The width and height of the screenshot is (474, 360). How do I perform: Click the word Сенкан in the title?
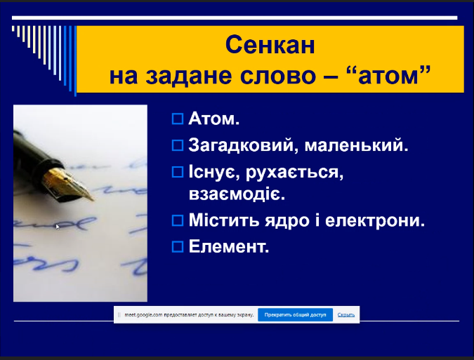click(x=270, y=45)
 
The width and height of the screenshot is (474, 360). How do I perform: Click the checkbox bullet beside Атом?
click(x=178, y=119)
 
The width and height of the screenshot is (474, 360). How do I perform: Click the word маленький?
click(x=356, y=145)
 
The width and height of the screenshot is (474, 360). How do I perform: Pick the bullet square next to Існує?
click(x=178, y=172)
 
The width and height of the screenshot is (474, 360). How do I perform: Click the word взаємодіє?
click(x=237, y=194)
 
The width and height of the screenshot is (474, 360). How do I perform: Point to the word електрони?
click(x=375, y=220)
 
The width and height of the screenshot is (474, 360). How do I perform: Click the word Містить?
click(x=224, y=220)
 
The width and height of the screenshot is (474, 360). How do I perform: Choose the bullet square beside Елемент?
click(x=178, y=247)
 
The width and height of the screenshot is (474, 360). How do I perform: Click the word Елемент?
click(x=229, y=247)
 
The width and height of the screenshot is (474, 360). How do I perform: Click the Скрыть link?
click(x=345, y=314)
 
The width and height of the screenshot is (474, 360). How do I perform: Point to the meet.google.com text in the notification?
click(x=143, y=314)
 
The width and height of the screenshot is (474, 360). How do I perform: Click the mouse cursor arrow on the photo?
click(x=58, y=227)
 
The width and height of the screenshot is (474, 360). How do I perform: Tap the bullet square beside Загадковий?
click(x=178, y=145)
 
